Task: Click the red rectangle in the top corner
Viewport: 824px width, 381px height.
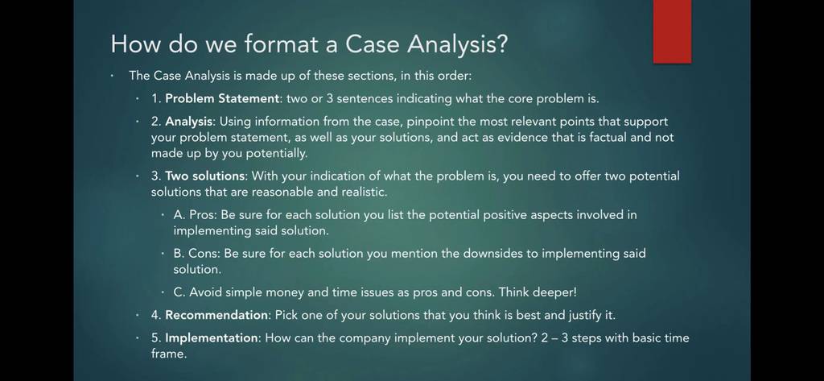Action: [x=672, y=31]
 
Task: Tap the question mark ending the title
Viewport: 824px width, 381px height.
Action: [x=501, y=43]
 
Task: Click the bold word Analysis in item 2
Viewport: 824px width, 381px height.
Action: [x=189, y=122]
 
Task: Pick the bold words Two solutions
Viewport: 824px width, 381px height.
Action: [x=205, y=176]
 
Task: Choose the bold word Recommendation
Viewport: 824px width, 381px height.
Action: [x=217, y=315]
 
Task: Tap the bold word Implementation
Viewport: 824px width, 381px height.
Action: [x=212, y=338]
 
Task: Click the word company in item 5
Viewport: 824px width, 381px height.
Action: [x=365, y=338]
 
